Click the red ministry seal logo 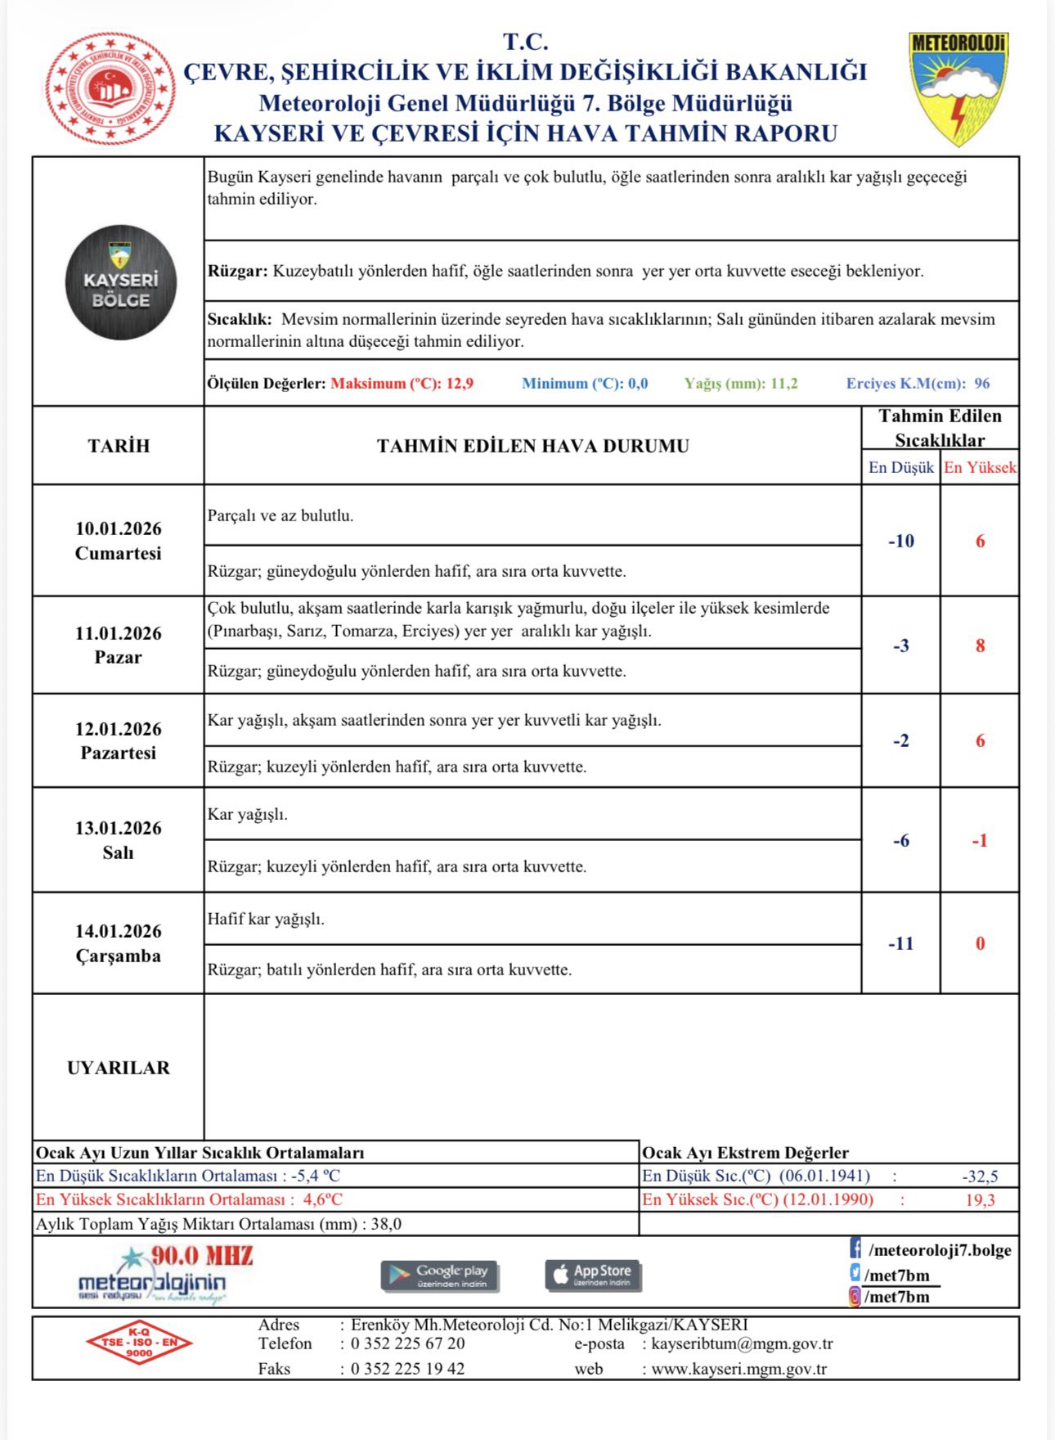[110, 89]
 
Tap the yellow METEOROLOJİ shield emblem [958, 88]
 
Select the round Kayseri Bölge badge [120, 282]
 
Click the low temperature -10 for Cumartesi [900, 541]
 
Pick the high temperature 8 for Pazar [980, 646]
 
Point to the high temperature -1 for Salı [980, 840]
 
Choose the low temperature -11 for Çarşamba [900, 943]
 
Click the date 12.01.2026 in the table [119, 729]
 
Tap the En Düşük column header [900, 467]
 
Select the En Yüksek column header [980, 467]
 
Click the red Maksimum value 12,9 [460, 383]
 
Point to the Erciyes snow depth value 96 [981, 383]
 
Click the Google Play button [439, 1275]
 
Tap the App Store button [593, 1274]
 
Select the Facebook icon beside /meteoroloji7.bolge [855, 1249]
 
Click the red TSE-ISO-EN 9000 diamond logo [139, 1342]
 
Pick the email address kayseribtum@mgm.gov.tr [742, 1343]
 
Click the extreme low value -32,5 [980, 1177]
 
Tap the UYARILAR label [119, 1068]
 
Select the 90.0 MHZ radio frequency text [201, 1256]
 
